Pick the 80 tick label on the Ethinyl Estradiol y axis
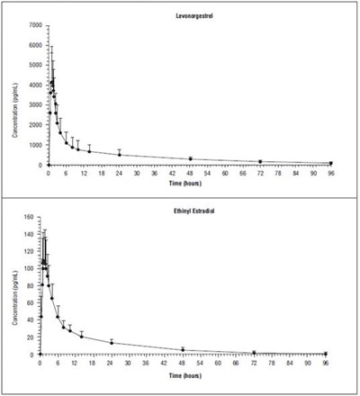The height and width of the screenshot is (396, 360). pos(31,285)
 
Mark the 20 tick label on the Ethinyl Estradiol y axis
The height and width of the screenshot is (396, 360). pos(31,337)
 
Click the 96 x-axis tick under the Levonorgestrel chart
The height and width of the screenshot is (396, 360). pos(330,172)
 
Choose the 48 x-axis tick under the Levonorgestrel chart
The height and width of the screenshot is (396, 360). pos(190,172)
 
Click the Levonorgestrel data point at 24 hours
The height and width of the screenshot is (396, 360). pos(120,155)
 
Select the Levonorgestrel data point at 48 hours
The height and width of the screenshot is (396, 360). pos(190,159)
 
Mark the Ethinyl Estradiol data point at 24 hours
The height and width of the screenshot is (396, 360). pos(112,342)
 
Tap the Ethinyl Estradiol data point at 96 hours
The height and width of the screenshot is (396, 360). pos(325,354)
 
